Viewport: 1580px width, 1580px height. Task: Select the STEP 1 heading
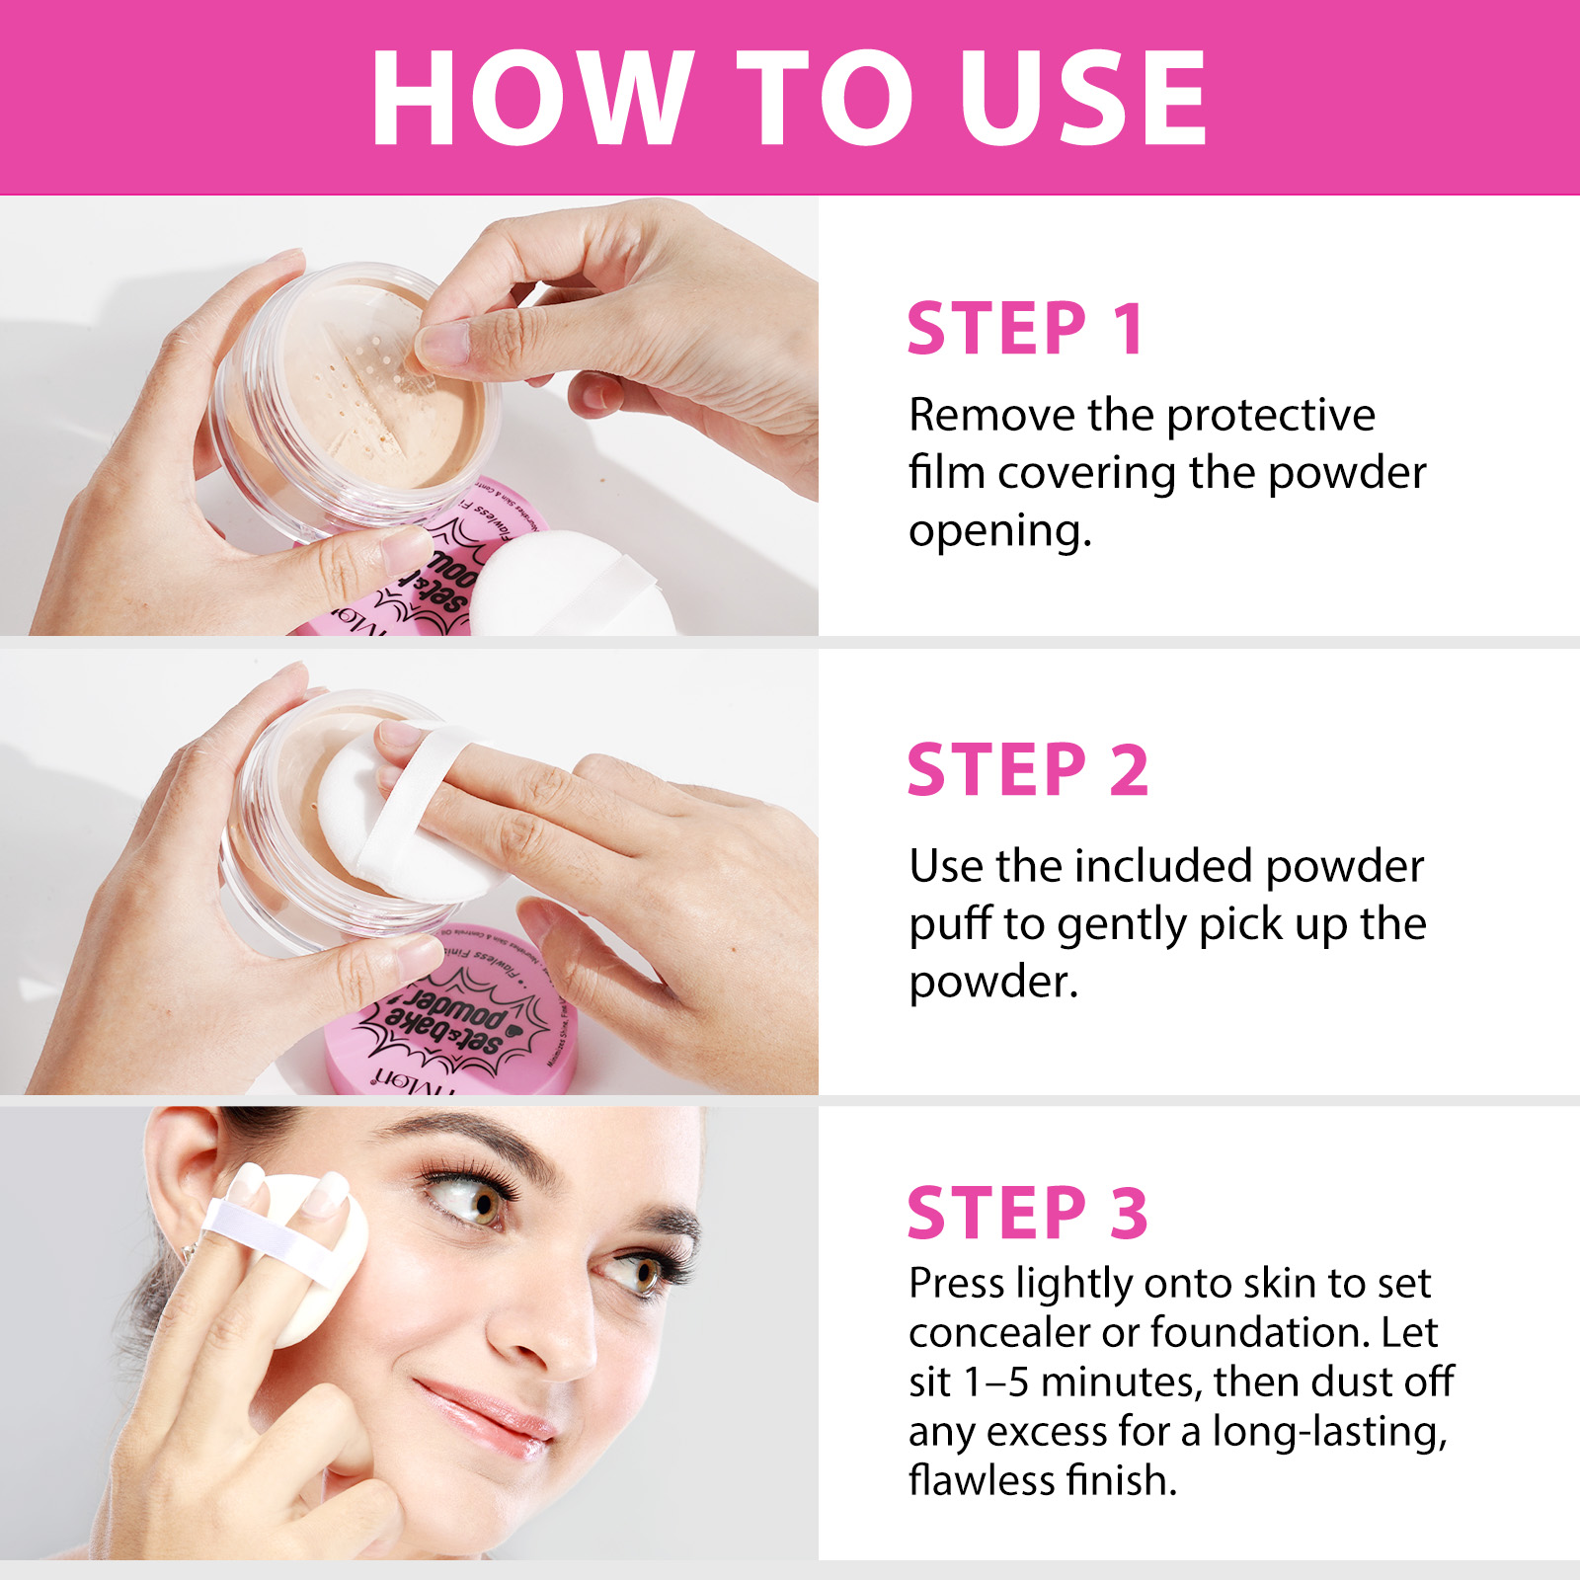click(x=1025, y=329)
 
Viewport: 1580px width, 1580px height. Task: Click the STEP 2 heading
click(x=1027, y=770)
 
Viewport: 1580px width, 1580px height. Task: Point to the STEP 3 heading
click(x=1027, y=1213)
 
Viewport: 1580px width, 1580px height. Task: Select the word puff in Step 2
click(x=949, y=925)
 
